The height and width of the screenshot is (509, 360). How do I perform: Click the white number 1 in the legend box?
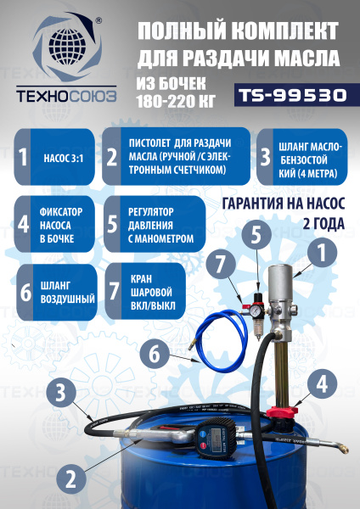24,158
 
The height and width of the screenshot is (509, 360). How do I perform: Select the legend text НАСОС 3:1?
65,158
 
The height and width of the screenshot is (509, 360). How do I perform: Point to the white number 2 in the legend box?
113,158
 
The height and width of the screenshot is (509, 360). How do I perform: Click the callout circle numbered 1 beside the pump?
321,252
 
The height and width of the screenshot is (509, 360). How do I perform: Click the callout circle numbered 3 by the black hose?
60,391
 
